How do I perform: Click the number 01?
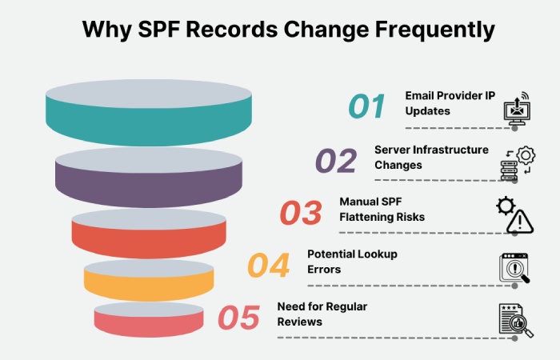point(366,106)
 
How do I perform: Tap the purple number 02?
point(335,160)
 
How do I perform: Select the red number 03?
point(301,213)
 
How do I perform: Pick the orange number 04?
point(268,265)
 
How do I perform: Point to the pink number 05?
point(238,318)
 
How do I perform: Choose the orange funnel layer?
point(149,281)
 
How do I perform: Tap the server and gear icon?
point(518,163)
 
